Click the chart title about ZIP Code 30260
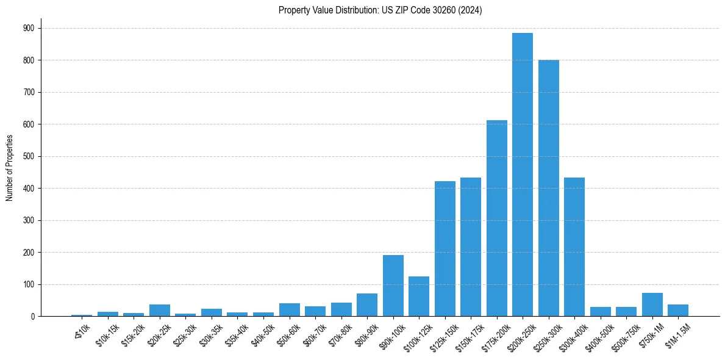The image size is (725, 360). pyautogui.click(x=380, y=10)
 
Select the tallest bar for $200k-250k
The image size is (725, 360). pyautogui.click(x=523, y=175)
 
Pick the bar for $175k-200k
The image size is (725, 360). pyautogui.click(x=496, y=218)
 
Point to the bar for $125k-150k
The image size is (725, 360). pyautogui.click(x=445, y=249)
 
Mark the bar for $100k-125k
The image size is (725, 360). pyautogui.click(x=419, y=297)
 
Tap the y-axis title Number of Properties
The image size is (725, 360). pyautogui.click(x=10, y=168)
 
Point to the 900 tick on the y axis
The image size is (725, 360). pyautogui.click(x=29, y=28)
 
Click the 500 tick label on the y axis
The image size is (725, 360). pyautogui.click(x=29, y=156)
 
